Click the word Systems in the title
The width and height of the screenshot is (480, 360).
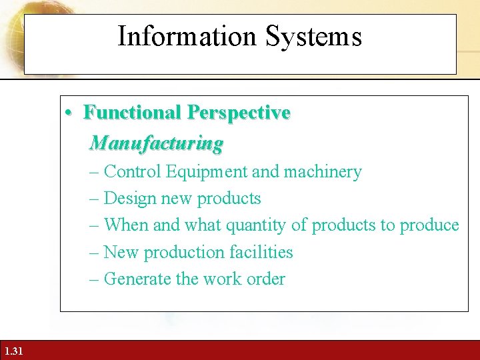313,36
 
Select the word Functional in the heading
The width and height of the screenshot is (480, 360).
132,113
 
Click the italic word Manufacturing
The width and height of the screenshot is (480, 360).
157,143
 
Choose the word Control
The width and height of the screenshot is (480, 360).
133,172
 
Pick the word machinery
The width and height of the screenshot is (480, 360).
322,172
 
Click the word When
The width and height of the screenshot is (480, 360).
127,225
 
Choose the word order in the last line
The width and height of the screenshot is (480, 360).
266,279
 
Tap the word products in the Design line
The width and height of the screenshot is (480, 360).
233,199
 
